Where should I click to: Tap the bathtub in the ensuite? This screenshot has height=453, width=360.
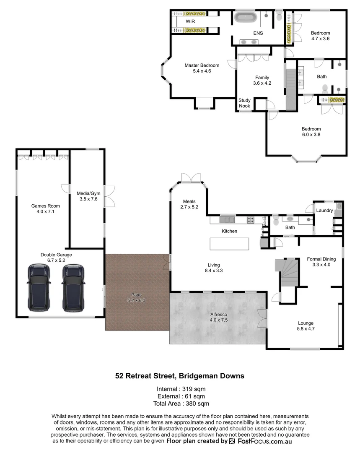point(246,18)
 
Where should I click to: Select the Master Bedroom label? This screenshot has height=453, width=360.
point(202,65)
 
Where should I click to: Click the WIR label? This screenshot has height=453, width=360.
point(190,21)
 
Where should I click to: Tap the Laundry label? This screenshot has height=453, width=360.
point(324,210)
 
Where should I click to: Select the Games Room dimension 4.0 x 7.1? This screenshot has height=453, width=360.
point(46,212)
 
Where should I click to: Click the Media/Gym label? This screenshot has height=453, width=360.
point(87,193)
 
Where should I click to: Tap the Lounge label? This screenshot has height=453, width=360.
point(306,323)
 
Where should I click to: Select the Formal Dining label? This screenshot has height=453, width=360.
point(321,259)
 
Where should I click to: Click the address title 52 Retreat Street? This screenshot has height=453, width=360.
point(180,376)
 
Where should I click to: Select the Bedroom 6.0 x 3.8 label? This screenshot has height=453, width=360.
point(311,129)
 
